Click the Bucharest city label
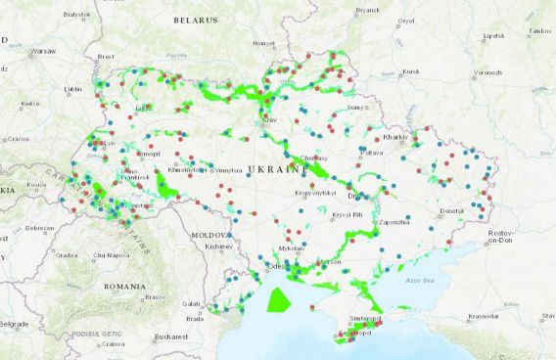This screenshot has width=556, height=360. click(169, 337)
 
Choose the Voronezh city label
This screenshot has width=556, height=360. click(486, 71)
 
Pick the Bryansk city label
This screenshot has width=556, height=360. click(367, 10)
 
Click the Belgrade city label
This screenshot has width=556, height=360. click(13, 323)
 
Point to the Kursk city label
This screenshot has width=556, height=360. click(410, 71)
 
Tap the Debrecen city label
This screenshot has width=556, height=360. click(39, 228)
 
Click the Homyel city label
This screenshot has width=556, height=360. click(264, 43)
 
